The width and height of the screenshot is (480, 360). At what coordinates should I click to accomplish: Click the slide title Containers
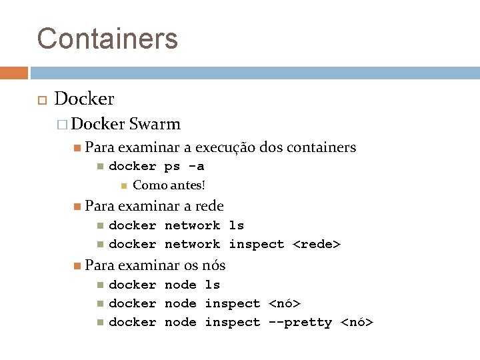(107, 38)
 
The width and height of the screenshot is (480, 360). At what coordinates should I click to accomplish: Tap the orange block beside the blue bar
(14, 73)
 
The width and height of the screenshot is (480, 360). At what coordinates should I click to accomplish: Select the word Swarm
(155, 124)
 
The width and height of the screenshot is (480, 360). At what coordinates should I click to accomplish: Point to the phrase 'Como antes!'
(169, 185)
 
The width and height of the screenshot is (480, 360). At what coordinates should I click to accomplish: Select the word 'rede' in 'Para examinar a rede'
(209, 206)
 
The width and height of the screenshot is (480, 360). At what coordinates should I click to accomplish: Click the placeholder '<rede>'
(317, 244)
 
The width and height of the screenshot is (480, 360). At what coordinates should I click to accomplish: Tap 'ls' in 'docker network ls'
(237, 225)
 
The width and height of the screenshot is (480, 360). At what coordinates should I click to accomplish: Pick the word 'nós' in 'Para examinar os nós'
(213, 265)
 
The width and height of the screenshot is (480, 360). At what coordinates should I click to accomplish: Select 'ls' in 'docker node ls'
(213, 285)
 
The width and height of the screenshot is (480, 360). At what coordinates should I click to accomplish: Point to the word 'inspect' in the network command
(257, 244)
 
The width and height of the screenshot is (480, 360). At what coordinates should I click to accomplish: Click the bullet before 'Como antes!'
(123, 185)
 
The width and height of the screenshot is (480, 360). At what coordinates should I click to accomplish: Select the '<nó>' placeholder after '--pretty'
(357, 322)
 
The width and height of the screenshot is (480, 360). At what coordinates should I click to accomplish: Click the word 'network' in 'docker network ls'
(192, 225)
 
